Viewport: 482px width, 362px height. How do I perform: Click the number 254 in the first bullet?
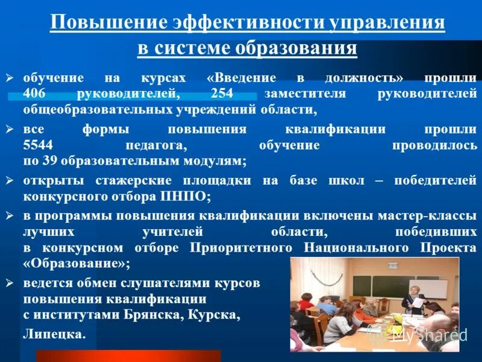point(226,94)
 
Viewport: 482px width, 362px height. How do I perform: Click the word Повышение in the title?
point(109,23)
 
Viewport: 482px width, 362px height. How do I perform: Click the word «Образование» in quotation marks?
point(76,264)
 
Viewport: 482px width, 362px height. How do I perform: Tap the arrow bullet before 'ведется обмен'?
point(9,282)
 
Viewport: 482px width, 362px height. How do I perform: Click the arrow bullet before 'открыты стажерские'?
point(9,180)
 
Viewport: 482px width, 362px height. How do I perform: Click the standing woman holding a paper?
point(415,296)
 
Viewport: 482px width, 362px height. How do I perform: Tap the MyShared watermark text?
point(429,335)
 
